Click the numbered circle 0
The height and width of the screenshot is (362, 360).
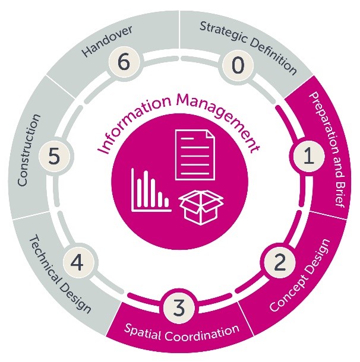tap(237, 65)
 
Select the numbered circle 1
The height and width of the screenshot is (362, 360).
tap(308, 157)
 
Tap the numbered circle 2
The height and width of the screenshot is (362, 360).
tap(277, 263)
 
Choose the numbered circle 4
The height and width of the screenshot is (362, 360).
tap(77, 262)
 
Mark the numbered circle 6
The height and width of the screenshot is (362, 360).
tap(122, 63)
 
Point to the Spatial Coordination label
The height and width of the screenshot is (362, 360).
tap(181, 330)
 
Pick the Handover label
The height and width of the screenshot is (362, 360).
tap(106, 42)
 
